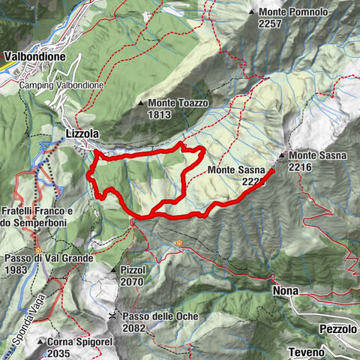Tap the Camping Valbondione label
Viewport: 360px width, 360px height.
pos(61,85)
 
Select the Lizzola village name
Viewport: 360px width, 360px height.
pos(83,133)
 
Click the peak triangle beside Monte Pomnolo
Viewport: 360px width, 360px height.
pos(252,13)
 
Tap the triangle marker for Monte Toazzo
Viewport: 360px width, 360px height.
pos(140,103)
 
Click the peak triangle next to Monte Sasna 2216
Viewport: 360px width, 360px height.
pos(281,155)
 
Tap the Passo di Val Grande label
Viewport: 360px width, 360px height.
pos(46,258)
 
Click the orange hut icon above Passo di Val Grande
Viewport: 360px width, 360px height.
pos(38,250)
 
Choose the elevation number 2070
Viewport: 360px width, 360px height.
pos(132,281)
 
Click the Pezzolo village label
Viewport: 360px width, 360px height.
pos(337,329)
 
